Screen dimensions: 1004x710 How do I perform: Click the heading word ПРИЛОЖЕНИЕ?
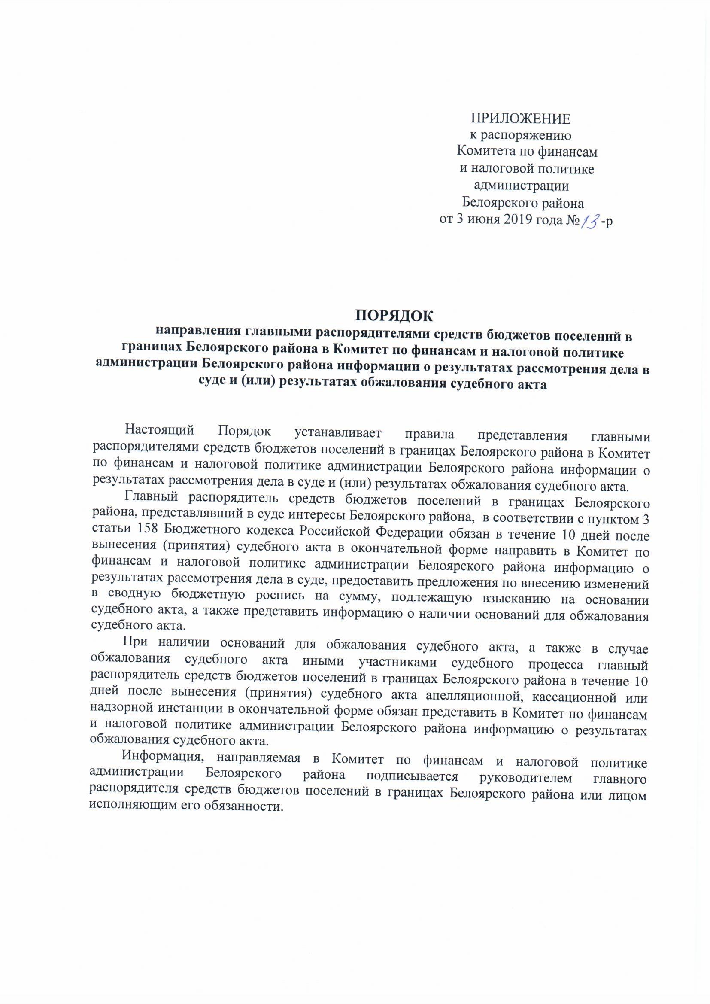point(520,119)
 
